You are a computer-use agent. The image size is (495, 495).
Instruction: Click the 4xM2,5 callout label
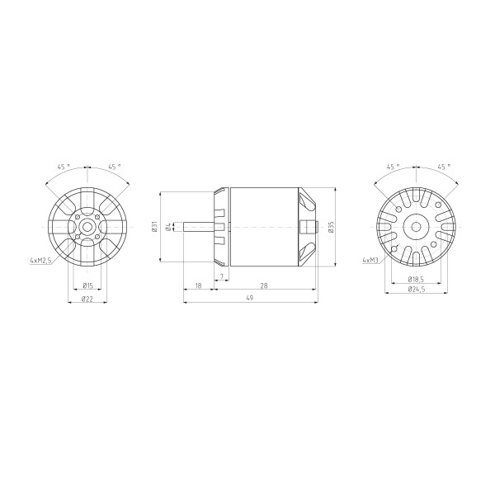40,261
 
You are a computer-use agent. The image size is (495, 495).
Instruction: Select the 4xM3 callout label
370,260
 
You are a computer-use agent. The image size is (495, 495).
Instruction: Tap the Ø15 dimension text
87,285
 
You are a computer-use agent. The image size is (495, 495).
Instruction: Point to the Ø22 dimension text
87,299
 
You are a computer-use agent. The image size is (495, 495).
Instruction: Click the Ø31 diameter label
154,227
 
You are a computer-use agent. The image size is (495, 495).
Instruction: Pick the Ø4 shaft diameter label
168,227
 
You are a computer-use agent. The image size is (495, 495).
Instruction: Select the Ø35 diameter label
331,227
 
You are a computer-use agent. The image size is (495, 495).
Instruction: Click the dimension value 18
198,285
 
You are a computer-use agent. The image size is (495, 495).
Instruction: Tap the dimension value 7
222,276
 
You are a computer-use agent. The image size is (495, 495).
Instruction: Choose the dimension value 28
264,285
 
